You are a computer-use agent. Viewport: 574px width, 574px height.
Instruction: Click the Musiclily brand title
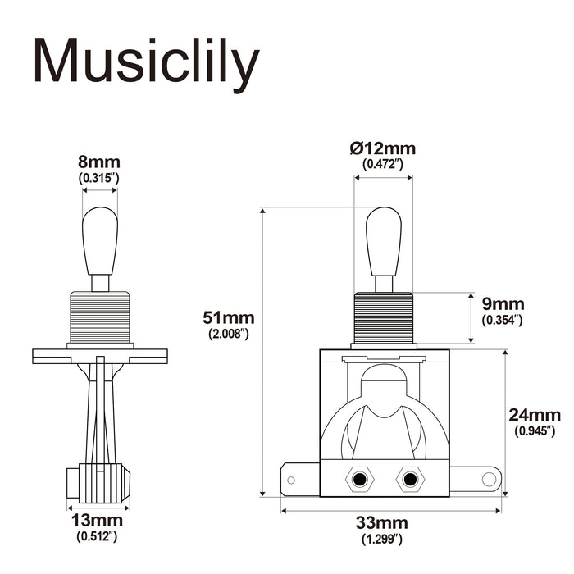click(x=146, y=61)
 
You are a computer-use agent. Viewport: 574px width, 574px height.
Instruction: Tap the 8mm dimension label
click(x=99, y=162)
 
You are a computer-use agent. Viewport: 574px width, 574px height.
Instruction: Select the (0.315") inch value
click(x=99, y=177)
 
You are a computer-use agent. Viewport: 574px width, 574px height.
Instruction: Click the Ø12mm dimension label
click(x=383, y=148)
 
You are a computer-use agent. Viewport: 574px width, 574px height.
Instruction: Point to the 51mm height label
click(x=230, y=317)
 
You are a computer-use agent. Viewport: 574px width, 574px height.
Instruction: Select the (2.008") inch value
click(x=230, y=333)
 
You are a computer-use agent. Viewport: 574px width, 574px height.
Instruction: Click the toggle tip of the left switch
click(x=100, y=240)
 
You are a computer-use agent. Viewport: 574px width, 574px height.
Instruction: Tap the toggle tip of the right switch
click(x=384, y=240)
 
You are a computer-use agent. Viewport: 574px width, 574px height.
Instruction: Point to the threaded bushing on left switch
click(x=100, y=317)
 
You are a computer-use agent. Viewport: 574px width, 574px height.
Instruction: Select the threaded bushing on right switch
click(x=384, y=317)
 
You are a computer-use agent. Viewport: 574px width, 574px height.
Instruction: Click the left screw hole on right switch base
click(x=358, y=479)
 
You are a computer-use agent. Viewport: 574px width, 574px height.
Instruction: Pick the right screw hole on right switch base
click(x=408, y=479)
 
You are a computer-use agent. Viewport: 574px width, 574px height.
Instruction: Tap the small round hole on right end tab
click(x=488, y=477)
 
